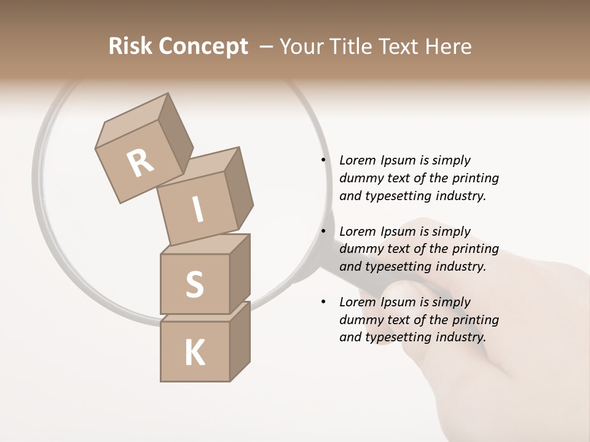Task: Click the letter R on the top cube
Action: (141, 163)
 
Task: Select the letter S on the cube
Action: (194, 284)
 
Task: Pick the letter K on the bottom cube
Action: (195, 353)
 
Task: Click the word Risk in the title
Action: (130, 47)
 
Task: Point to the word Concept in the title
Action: (204, 47)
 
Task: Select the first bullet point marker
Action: (323, 160)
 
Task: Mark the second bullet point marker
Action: (323, 231)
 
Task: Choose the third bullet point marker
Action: (323, 302)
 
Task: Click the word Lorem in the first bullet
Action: (357, 160)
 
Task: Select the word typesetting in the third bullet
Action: (399, 337)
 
